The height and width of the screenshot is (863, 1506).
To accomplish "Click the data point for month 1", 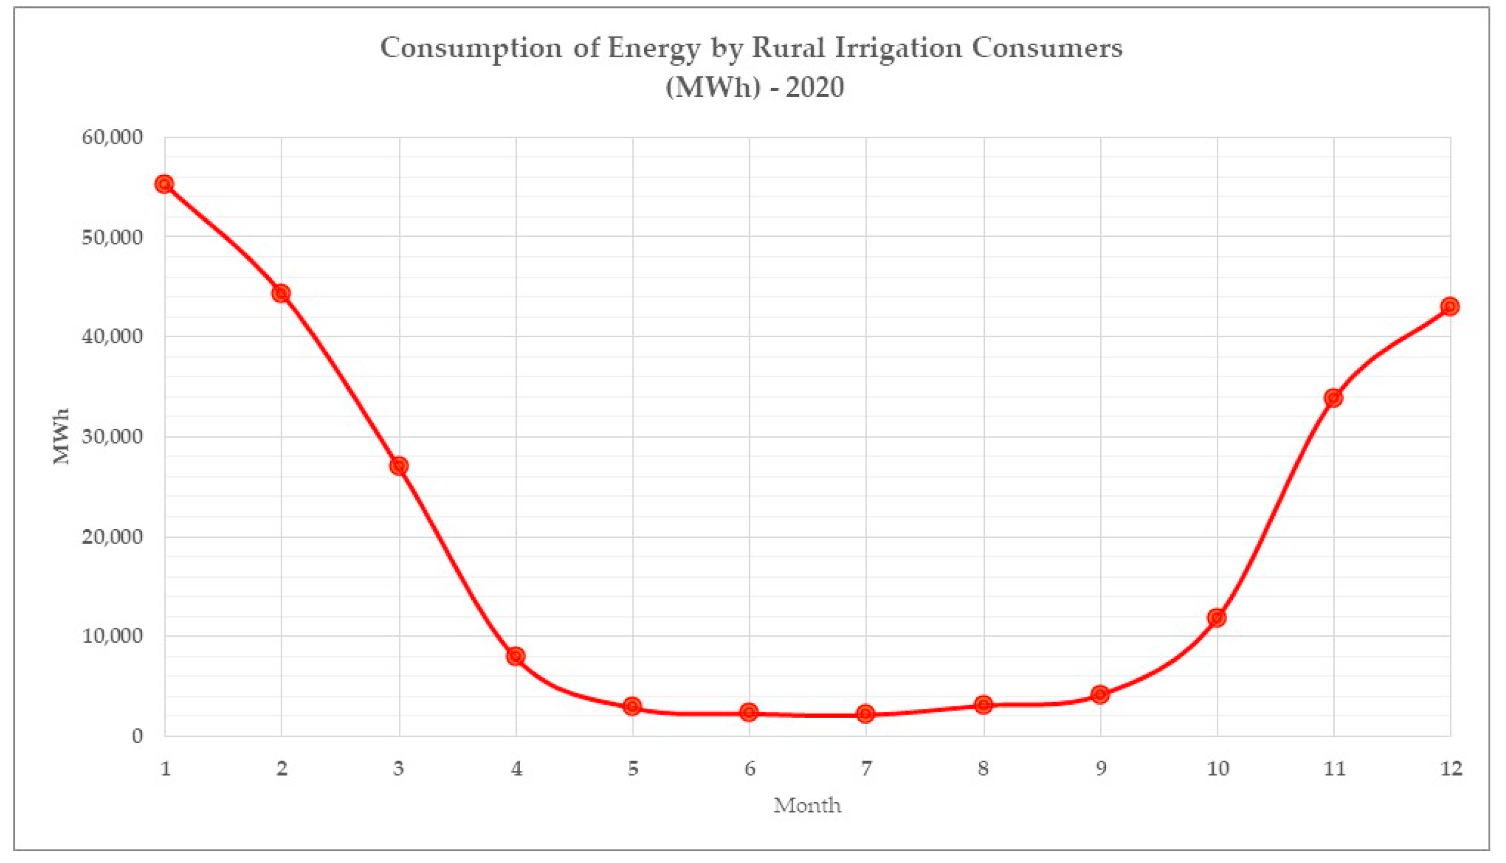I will pos(165,184).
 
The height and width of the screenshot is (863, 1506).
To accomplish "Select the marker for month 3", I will pos(399,466).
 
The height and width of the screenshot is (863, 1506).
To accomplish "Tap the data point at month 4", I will pos(516,656).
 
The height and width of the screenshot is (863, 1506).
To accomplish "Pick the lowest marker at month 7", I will pos(866,713).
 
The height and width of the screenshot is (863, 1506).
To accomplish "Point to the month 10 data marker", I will pos(1217,618).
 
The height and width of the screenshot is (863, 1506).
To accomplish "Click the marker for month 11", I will pos(1333,398).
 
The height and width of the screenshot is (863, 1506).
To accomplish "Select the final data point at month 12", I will pos(1450,307).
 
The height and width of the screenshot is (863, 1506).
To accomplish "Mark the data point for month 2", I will pos(282,293).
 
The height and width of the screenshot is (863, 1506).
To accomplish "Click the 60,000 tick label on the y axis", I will pos(112,137).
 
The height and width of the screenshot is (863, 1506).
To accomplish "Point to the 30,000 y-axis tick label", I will pos(112,437).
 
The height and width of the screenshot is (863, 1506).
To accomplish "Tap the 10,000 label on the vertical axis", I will pos(112,636).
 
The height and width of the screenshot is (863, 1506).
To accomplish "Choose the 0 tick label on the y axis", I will pos(137,735).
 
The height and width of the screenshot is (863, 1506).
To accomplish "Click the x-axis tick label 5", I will pos(633,769).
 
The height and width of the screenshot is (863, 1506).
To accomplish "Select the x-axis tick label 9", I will pos(1101,769).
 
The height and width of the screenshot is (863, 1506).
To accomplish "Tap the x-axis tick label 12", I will pos(1450,769).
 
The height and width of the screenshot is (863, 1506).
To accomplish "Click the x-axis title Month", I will pos(807,805).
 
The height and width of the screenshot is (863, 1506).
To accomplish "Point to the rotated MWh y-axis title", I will pos(61,436).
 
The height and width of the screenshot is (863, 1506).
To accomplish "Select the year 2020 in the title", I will pos(816,88).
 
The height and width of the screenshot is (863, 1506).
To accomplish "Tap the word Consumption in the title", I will pos(471,49).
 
